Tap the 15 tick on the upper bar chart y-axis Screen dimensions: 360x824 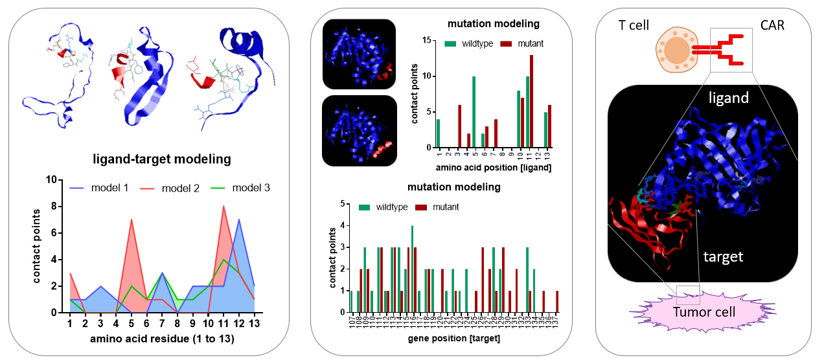point(426,40)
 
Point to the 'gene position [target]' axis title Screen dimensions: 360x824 point(453,338)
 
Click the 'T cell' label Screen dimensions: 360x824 point(632,24)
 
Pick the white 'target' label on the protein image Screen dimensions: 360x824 point(724,257)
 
